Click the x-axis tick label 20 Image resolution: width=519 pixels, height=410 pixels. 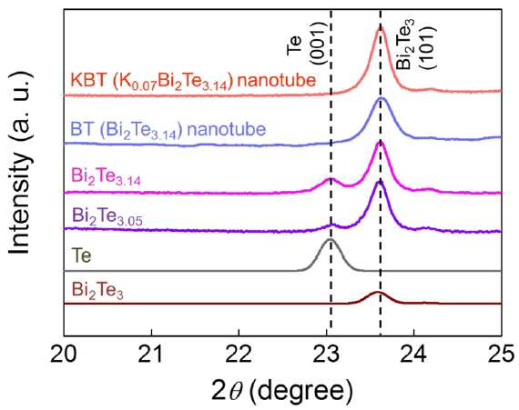coord(64,355)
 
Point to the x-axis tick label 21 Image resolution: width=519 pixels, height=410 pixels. coord(151,355)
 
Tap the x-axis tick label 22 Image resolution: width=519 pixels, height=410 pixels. coord(239,355)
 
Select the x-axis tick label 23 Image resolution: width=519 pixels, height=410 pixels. coord(327,355)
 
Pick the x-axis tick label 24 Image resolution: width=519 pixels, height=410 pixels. coord(414,355)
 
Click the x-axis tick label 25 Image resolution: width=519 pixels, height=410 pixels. coord(502,355)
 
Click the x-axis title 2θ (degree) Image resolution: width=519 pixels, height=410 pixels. coord(281,392)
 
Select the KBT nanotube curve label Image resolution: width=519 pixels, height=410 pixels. coord(193,81)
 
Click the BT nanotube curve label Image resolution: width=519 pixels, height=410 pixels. coord(168,130)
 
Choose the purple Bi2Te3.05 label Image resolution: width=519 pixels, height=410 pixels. coord(107,216)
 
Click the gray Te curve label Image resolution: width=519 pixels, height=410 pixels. coord(81,255)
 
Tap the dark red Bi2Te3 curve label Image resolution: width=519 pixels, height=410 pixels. coord(97,291)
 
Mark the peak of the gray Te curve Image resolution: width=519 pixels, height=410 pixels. coord(330,239)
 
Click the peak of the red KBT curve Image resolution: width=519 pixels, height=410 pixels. coord(380,29)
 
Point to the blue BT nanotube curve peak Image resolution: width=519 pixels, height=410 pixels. coord(381,98)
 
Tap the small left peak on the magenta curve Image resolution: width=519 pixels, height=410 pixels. coord(330,179)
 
